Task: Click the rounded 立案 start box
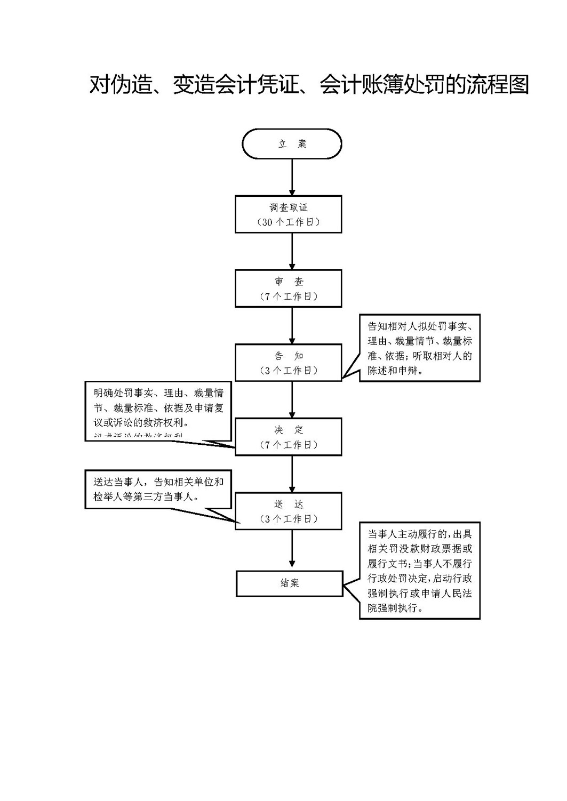pos(292,144)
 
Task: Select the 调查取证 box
pos(288,214)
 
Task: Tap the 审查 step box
pos(288,289)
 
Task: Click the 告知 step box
pos(288,363)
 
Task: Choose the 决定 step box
pos(288,437)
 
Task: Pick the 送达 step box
pos(288,511)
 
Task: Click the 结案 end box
pos(289,583)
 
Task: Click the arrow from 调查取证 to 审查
pos(292,251)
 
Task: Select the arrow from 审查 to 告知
pos(292,325)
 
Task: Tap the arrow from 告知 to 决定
pos(292,399)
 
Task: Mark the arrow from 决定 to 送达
pos(292,474)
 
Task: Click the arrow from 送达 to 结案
pos(292,550)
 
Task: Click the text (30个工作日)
pos(288,222)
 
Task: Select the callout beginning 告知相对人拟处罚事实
pos(419,348)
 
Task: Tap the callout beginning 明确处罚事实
pos(158,410)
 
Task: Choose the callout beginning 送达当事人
pos(158,489)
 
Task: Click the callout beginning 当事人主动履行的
pos(419,570)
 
